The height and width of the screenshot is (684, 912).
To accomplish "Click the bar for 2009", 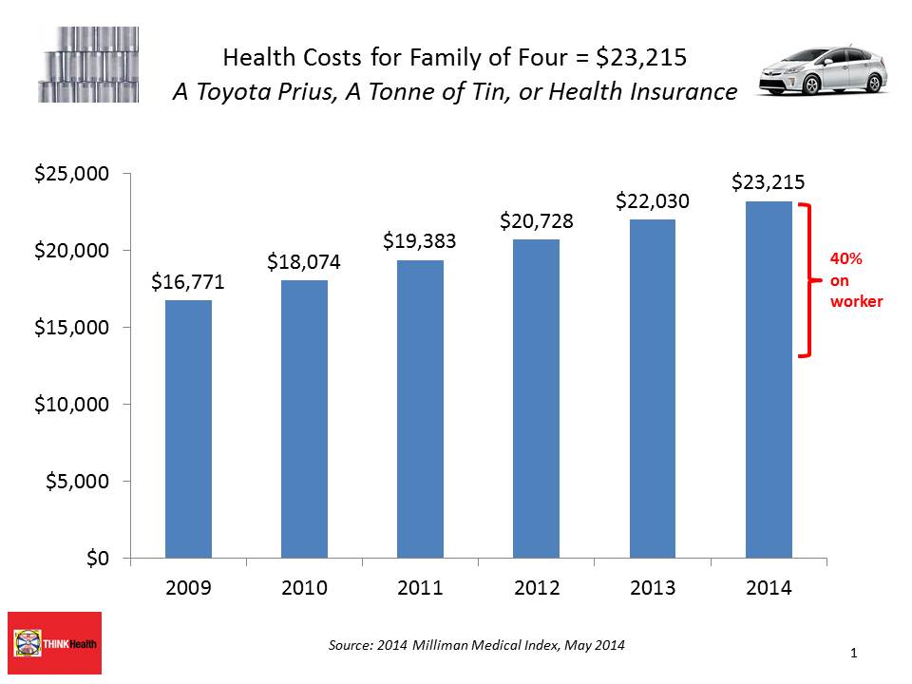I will [188, 428].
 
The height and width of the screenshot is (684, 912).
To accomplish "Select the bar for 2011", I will [420, 408].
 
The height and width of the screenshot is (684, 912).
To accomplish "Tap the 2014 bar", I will [769, 379].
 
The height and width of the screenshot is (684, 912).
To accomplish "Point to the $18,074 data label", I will [304, 261].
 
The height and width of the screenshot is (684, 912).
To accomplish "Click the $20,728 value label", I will [537, 221].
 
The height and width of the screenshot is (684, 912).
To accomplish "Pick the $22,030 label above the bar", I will [653, 201].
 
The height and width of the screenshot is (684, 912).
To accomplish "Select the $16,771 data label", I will [188, 282].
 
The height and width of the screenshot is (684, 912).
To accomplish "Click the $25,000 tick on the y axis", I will [71, 174].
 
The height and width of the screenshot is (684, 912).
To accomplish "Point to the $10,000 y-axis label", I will [71, 405].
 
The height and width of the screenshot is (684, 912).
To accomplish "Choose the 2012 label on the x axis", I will [537, 588].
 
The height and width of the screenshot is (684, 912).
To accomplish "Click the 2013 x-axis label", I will [653, 588].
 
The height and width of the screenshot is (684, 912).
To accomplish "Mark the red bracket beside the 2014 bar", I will [807, 280].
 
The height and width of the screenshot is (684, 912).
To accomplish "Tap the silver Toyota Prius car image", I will [823, 70].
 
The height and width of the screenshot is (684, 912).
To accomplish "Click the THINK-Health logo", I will [54, 642].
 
